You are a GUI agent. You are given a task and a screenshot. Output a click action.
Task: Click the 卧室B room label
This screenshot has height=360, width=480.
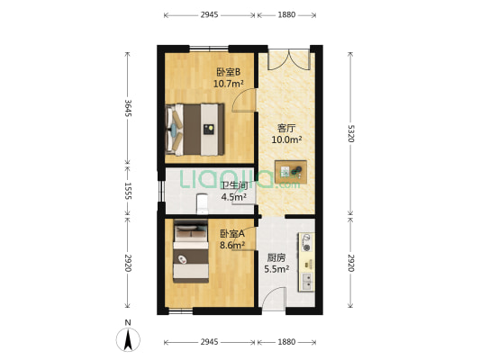(229, 72)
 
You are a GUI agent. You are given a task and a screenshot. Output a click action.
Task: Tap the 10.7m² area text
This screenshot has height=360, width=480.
(229, 84)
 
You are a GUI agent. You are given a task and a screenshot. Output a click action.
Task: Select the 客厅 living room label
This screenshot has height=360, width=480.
(286, 127)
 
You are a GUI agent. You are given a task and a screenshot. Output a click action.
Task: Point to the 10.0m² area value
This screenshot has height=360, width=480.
(286, 139)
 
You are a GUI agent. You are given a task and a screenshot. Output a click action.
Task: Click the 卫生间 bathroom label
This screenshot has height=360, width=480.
(235, 186)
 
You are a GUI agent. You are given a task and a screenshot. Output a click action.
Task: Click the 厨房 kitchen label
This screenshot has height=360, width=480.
(276, 256)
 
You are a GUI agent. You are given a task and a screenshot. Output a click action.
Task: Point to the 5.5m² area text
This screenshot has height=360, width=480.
(276, 268)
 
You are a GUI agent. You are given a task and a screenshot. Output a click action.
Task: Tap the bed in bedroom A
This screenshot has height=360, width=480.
(193, 252)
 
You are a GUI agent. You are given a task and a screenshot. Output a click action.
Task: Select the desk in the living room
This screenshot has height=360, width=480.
(292, 169)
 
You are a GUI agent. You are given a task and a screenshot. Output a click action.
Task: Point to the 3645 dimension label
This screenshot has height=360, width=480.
(129, 109)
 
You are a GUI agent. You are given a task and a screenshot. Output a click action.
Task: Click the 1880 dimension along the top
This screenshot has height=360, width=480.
(287, 14)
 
